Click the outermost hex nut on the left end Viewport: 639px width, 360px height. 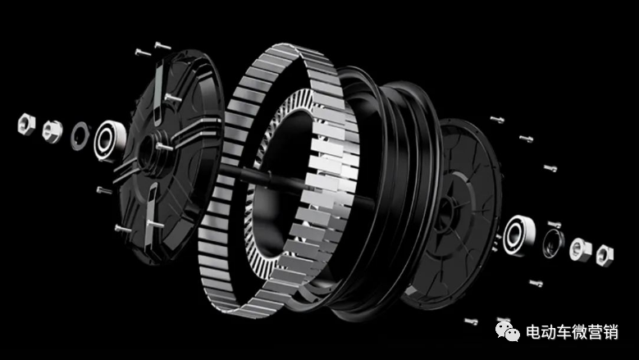point(26,124)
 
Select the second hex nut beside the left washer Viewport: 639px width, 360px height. point(52,130)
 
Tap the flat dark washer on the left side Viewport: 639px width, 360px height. point(80,136)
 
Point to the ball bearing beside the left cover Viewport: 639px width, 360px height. point(109,141)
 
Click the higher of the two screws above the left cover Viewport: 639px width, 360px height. point(162,46)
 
